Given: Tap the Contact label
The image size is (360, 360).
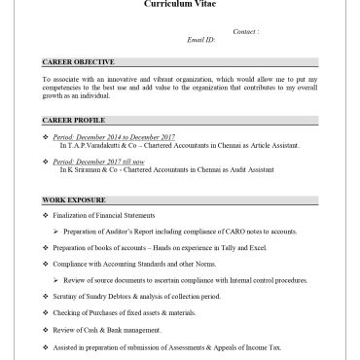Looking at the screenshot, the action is pos(246,32).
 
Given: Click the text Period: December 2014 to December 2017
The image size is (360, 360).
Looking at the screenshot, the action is pos(114,136).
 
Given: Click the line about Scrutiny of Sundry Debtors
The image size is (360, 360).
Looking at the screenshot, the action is pos(126,296).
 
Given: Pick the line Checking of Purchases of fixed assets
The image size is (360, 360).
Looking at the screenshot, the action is pos(122,313).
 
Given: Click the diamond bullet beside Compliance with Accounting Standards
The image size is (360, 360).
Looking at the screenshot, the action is pos(46,264).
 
